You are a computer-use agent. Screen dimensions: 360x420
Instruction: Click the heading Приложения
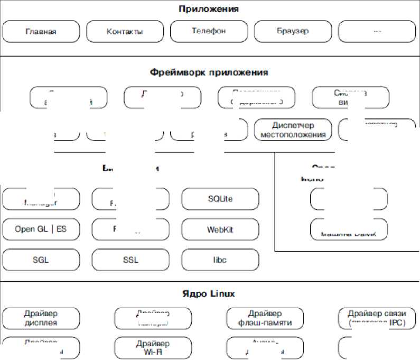coord(208,9)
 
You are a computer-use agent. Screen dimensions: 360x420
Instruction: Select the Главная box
coord(41,31)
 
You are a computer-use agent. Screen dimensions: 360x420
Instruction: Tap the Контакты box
coord(125,31)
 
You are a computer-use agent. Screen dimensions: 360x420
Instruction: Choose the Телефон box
coord(209,31)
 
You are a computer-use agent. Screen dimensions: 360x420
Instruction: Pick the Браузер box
coord(293,31)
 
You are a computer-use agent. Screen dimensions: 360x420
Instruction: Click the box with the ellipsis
coord(377,31)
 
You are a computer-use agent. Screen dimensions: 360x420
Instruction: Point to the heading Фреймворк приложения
coord(209,72)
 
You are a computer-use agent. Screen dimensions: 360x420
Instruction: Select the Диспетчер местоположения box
coord(293,130)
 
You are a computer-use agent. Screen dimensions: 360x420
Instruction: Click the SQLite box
coord(220,199)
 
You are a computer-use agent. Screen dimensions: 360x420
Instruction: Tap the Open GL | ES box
coord(41,230)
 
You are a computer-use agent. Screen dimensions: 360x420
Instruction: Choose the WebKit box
coord(220,230)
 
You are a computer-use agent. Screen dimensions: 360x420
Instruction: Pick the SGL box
coord(41,260)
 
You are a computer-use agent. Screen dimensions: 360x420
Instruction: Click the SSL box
coord(130,260)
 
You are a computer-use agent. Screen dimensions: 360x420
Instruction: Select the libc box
coord(220,260)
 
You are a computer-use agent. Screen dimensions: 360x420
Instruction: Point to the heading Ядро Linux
coord(208,293)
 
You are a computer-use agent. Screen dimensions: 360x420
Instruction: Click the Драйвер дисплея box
coord(41,318)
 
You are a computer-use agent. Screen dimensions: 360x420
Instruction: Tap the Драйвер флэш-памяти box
coord(265,318)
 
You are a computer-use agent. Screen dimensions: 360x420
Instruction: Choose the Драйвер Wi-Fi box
coord(153,348)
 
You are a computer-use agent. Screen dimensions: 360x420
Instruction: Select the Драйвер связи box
coord(377,318)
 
